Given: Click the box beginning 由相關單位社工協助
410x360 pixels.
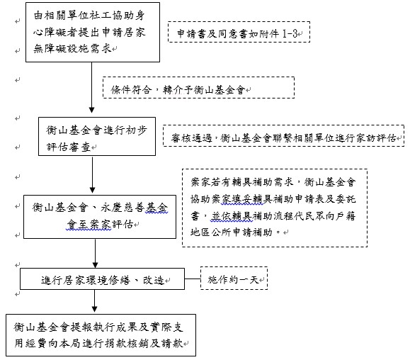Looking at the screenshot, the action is tap(93, 32).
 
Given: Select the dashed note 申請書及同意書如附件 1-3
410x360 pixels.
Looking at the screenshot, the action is tap(239, 32).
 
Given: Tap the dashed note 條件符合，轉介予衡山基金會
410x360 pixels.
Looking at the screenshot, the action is tap(198, 87).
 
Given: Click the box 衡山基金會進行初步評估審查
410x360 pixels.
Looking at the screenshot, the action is tap(97, 136).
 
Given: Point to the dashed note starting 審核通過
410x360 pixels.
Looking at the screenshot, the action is tap(283, 135).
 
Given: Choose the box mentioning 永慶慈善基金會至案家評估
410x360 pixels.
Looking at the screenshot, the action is tap(100, 217).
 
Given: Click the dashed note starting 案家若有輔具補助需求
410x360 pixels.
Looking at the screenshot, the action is tap(275, 208).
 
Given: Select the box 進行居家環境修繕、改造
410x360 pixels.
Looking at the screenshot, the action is tap(102, 279).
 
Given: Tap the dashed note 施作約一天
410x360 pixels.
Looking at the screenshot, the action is tap(234, 278).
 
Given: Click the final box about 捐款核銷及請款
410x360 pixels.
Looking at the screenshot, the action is tap(101, 335).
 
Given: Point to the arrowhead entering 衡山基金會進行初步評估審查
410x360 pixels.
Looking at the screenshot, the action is tap(91, 111).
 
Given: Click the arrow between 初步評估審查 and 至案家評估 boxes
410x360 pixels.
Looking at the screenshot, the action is tap(92, 174).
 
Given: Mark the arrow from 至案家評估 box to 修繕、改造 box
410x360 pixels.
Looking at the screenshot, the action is tap(95, 253).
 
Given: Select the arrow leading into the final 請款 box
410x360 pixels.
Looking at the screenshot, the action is tap(94, 301).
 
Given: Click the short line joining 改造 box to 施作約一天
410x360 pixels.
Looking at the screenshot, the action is tap(193, 279).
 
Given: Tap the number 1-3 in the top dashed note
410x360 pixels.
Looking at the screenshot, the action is tap(290, 33).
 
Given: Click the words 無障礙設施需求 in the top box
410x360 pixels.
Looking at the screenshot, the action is tap(73, 48).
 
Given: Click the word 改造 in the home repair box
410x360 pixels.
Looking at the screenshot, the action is tap(154, 280).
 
